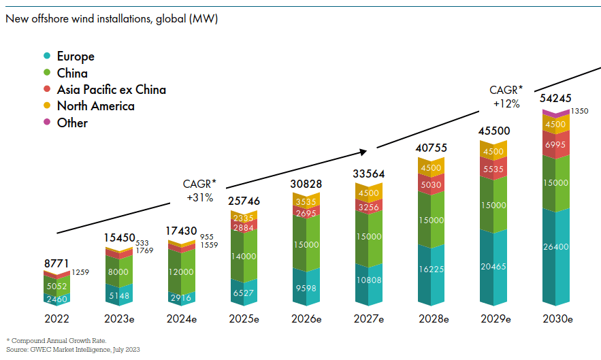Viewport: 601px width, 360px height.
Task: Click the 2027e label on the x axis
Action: tap(369, 318)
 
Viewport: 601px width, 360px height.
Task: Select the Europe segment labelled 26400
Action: tap(556, 257)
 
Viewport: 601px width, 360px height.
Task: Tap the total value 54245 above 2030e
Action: tap(556, 98)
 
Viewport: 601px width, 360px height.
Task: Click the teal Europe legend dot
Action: tap(47, 56)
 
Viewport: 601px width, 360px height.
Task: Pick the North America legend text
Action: tap(95, 106)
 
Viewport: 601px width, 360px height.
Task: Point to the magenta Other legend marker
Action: tap(47, 122)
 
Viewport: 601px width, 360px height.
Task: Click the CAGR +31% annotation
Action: tap(199, 191)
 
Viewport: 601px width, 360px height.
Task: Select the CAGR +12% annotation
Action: tap(506, 97)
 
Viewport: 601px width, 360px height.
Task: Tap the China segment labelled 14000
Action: tap(244, 256)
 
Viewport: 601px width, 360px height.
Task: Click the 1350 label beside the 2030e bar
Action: tap(580, 111)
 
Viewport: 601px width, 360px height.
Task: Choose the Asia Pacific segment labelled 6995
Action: tap(556, 144)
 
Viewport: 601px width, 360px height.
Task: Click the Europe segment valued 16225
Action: tap(431, 269)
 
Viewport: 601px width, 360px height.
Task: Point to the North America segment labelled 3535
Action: tap(306, 201)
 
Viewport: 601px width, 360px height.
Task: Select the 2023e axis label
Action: tap(118, 318)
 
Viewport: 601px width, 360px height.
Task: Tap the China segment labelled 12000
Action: tap(181, 271)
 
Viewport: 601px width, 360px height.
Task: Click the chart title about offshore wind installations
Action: tap(112, 18)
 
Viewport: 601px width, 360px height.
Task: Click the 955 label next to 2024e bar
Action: tap(208, 236)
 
